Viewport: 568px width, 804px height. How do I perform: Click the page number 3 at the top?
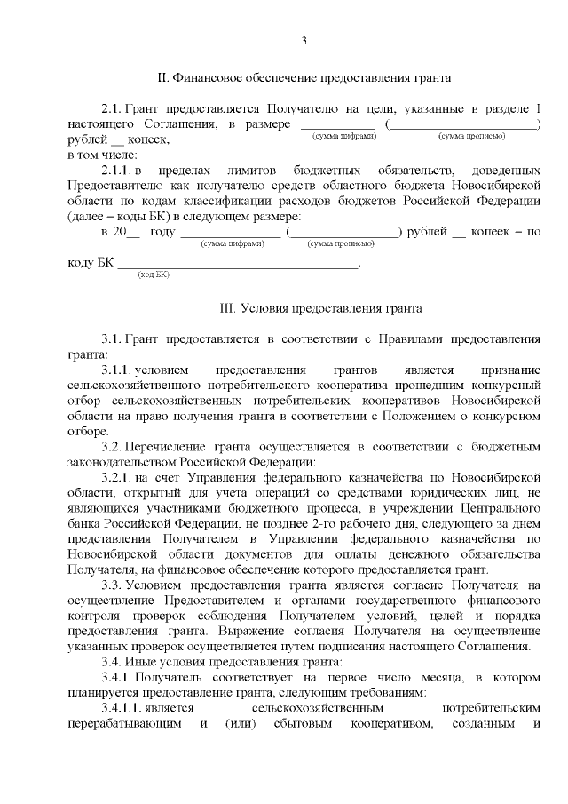(304, 41)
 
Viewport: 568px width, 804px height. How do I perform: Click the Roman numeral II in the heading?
(163, 79)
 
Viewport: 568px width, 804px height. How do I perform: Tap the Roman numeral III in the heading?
(227, 310)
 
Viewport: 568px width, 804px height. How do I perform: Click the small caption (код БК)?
(153, 275)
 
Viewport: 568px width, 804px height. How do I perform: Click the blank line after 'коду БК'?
(239, 263)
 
